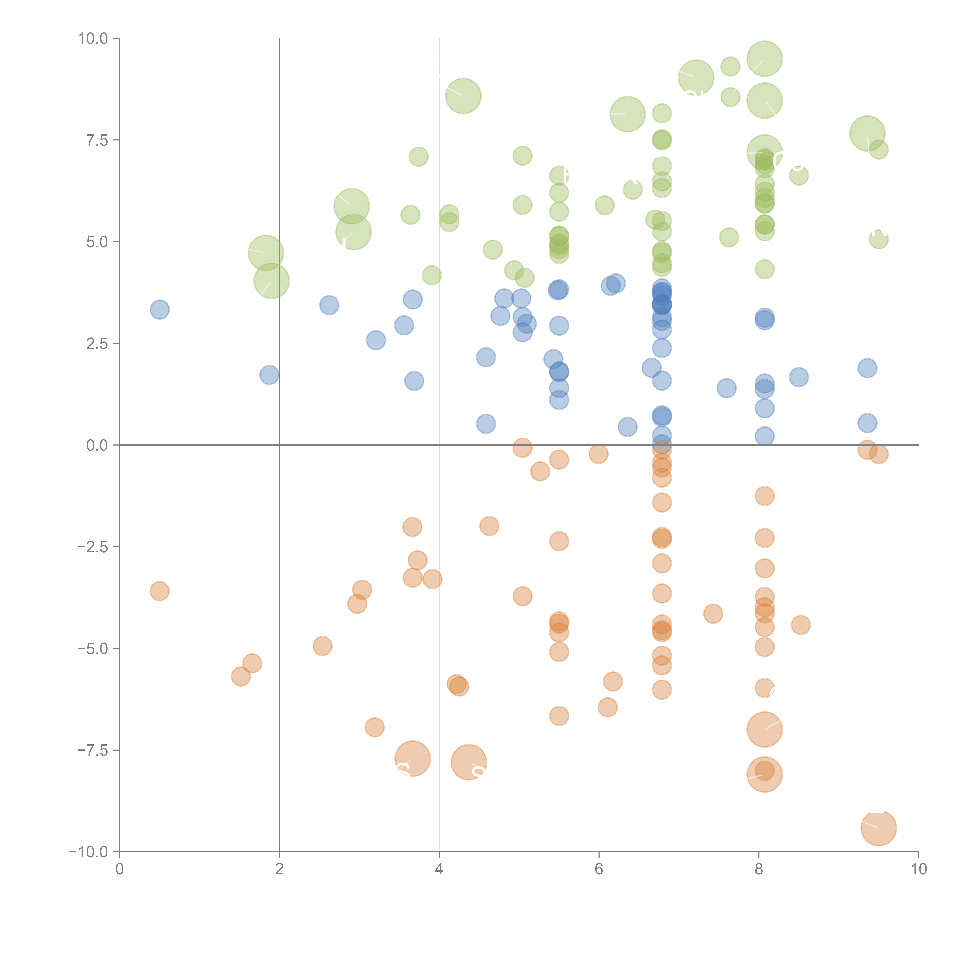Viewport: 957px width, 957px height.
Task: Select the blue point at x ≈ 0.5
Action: [x=159, y=309]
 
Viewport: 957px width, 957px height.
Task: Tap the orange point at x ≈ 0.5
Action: [x=159, y=591]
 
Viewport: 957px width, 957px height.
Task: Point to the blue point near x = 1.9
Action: [x=269, y=375]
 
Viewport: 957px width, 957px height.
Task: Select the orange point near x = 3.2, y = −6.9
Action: [x=375, y=727]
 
